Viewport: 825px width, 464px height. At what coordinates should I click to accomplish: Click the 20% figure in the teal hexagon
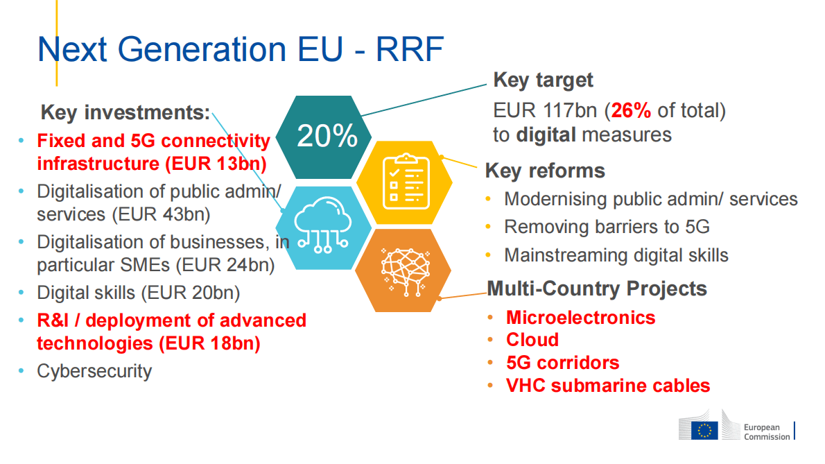point(327,136)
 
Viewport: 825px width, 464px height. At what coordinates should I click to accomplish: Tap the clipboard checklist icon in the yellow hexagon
point(406,181)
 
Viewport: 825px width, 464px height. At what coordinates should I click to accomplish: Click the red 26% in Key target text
point(631,110)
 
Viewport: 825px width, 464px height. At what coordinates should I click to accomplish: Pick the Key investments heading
point(125,112)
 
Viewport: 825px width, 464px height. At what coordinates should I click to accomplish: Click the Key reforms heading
point(545,171)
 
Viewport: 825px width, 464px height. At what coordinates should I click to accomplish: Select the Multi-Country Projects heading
point(597,289)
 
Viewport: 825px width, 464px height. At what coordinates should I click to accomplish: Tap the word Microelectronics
point(581,317)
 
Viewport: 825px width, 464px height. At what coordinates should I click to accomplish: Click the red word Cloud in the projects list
point(532,340)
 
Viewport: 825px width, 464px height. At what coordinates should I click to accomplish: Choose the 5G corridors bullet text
point(562,363)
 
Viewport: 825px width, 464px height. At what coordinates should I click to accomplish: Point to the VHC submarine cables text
point(608,386)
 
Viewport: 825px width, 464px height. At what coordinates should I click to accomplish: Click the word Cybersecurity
point(94,372)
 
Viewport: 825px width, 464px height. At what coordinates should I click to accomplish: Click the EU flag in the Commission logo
point(704,430)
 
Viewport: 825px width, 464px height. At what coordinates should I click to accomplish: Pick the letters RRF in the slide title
point(409,49)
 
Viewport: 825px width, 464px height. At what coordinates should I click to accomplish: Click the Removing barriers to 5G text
point(607,227)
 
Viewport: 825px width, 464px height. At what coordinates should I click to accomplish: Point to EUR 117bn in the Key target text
point(545,110)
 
